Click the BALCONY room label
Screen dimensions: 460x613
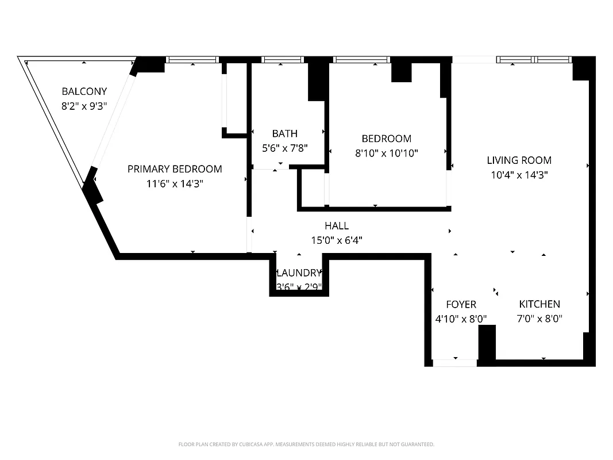[x=84, y=91]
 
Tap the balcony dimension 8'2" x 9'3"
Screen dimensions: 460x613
[x=84, y=106]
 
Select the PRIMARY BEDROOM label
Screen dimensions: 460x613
[x=175, y=169]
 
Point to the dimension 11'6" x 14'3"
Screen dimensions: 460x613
[x=175, y=184]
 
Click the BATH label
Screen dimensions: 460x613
[x=285, y=133]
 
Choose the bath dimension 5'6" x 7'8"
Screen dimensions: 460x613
[x=285, y=148]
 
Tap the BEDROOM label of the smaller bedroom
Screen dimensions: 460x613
[x=386, y=139]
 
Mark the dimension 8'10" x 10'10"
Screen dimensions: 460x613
[x=386, y=154]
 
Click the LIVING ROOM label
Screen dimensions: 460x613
[x=519, y=160]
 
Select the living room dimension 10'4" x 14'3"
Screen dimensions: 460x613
[x=519, y=175]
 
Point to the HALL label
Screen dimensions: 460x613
[x=337, y=226]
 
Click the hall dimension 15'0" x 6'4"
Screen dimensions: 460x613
[x=337, y=240]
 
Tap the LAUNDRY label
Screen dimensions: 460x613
[x=299, y=273]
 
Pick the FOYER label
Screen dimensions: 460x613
[x=461, y=305]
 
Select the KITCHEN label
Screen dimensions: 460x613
[x=539, y=304]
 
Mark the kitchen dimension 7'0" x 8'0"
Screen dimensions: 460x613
[x=539, y=319]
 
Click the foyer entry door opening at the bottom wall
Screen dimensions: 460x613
[x=455, y=363]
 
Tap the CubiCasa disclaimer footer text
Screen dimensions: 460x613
[x=306, y=444]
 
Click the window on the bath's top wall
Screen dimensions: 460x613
[x=283, y=59]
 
